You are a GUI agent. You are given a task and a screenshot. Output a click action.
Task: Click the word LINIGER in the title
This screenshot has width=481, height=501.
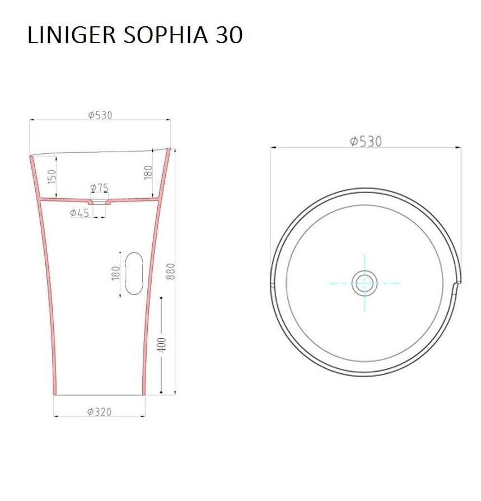71,35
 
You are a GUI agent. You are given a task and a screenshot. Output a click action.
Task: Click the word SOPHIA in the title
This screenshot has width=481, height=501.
166,35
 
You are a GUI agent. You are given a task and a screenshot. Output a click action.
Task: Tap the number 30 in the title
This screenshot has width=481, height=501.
229,35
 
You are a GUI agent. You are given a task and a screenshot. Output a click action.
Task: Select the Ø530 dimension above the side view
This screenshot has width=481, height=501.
100,115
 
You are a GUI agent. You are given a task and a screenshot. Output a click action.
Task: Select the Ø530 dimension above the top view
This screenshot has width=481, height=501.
366,141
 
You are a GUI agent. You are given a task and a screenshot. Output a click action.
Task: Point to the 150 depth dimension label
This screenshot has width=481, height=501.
52,176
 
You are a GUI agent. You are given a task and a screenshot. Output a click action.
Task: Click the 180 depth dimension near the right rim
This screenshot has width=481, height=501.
148,172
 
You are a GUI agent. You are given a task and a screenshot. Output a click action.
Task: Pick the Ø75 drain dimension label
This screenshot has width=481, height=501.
99,188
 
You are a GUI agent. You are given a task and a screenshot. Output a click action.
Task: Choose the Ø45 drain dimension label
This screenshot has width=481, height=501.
80,213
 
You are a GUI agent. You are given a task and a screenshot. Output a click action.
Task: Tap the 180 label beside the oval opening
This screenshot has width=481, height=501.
116,273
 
